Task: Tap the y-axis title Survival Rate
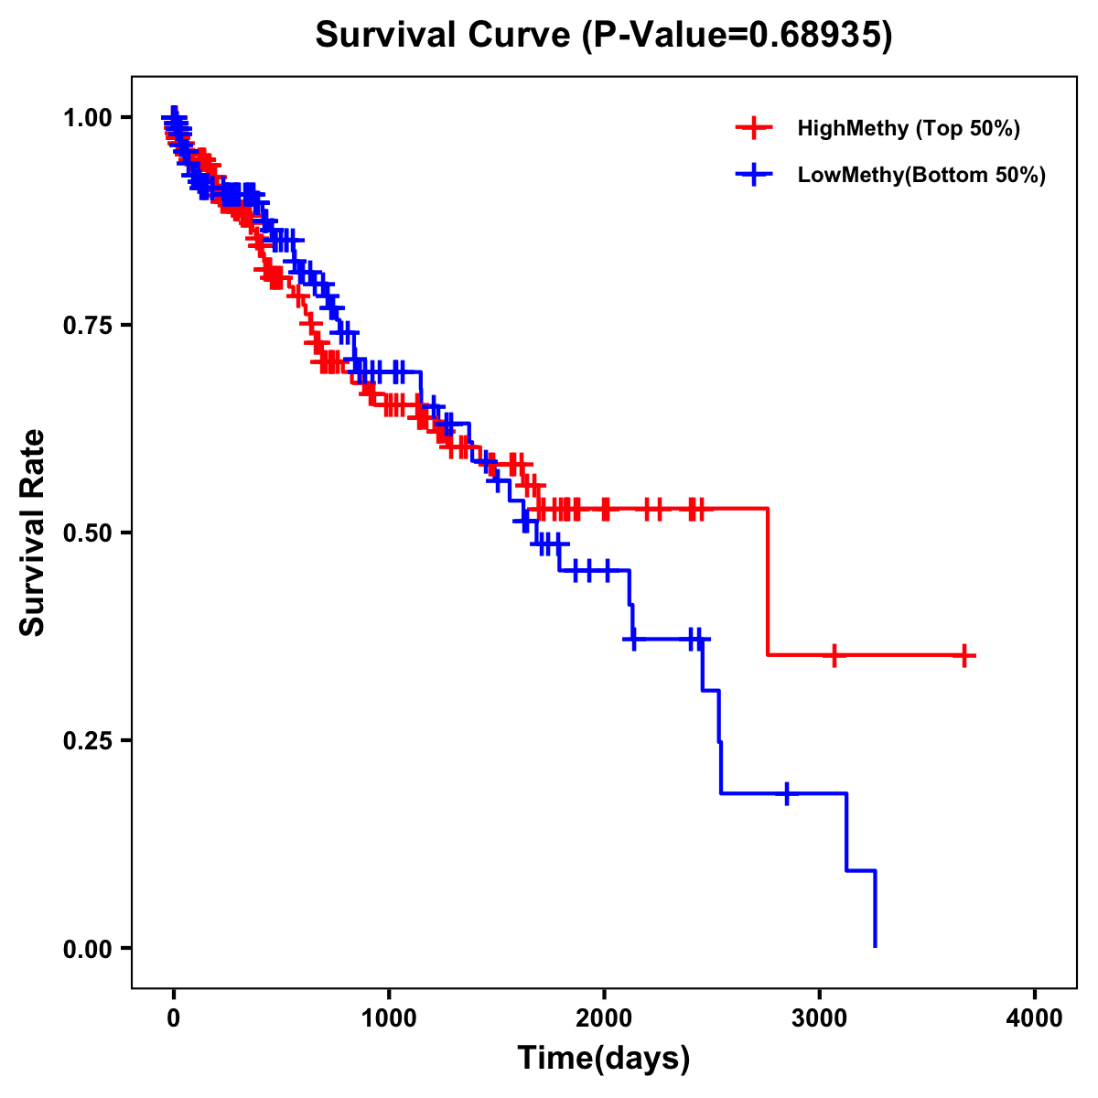[x=33, y=532]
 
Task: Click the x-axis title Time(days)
[x=604, y=1058]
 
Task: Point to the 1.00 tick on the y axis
[x=89, y=118]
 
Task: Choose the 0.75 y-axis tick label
[x=89, y=326]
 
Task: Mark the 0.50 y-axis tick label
[x=89, y=533]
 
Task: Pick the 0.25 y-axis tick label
[x=89, y=740]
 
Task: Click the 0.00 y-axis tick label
[x=89, y=948]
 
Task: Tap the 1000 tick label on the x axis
[x=389, y=1018]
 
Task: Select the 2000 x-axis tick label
[x=604, y=1018]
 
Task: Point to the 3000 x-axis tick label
[x=820, y=1018]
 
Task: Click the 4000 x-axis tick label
[x=1035, y=1018]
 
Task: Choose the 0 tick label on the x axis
[x=174, y=1018]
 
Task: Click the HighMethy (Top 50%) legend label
[x=909, y=128]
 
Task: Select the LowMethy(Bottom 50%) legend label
[x=921, y=175]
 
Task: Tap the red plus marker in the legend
[x=754, y=128]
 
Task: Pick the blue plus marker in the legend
[x=754, y=175]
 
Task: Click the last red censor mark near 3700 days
[x=963, y=655]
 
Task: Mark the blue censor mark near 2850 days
[x=786, y=793]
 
